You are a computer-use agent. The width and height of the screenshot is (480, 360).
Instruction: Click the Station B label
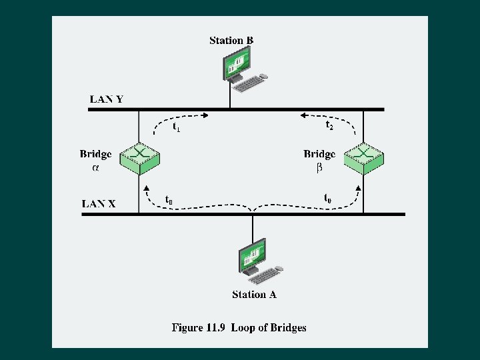coord(231,40)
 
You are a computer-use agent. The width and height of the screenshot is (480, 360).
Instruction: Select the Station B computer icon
coord(243,71)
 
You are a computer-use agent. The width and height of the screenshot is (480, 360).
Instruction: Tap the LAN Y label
coord(107,99)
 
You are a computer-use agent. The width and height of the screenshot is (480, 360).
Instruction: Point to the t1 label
coord(176,126)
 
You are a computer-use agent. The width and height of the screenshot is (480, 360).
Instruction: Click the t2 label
coord(329,125)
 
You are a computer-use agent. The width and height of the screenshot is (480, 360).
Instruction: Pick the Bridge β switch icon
coord(363,158)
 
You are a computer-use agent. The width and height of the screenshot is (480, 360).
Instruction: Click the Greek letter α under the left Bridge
coord(95,168)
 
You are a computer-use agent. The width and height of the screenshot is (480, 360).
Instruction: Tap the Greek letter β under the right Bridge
coord(319,168)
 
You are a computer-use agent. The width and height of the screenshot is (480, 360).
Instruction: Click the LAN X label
coord(99,203)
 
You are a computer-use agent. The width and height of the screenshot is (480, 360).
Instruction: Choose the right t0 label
coord(328,198)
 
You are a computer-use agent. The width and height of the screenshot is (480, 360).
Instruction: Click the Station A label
coord(254,295)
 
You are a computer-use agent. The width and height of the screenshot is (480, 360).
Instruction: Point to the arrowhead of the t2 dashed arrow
coord(303,115)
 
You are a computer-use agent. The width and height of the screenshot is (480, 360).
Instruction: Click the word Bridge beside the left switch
coord(96,154)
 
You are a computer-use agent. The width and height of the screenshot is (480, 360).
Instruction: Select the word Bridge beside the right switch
coord(319,154)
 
